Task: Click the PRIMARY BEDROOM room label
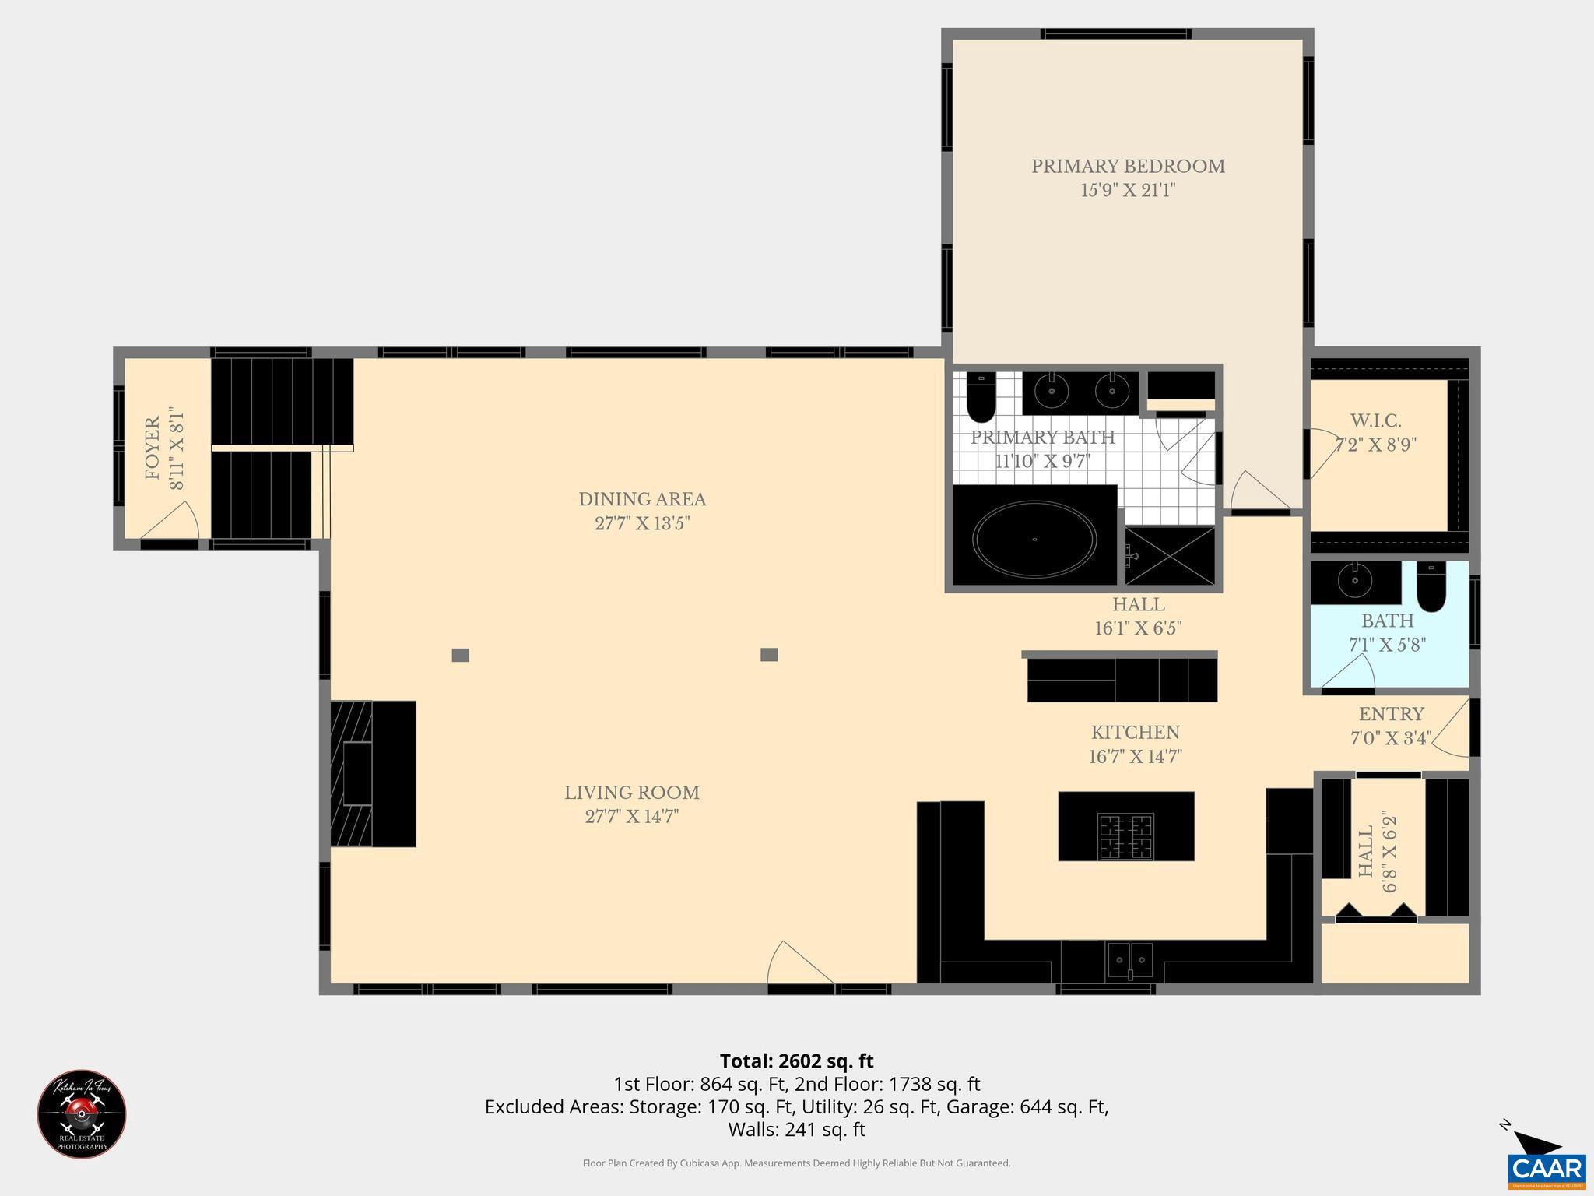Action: (x=1128, y=167)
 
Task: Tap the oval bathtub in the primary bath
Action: (x=1034, y=538)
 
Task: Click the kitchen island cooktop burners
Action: (x=1125, y=836)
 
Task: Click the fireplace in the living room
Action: (x=372, y=773)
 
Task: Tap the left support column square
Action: (x=460, y=655)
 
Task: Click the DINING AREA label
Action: (x=642, y=499)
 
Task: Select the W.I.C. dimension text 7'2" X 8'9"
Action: (x=1375, y=445)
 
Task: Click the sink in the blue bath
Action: (x=1355, y=581)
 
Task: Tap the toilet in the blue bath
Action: (x=1431, y=587)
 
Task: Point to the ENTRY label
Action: (x=1391, y=714)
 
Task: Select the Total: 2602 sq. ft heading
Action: (x=796, y=1061)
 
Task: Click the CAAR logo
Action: (x=1546, y=1170)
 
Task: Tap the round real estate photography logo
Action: (x=82, y=1114)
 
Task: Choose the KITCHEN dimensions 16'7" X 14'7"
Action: (x=1135, y=757)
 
